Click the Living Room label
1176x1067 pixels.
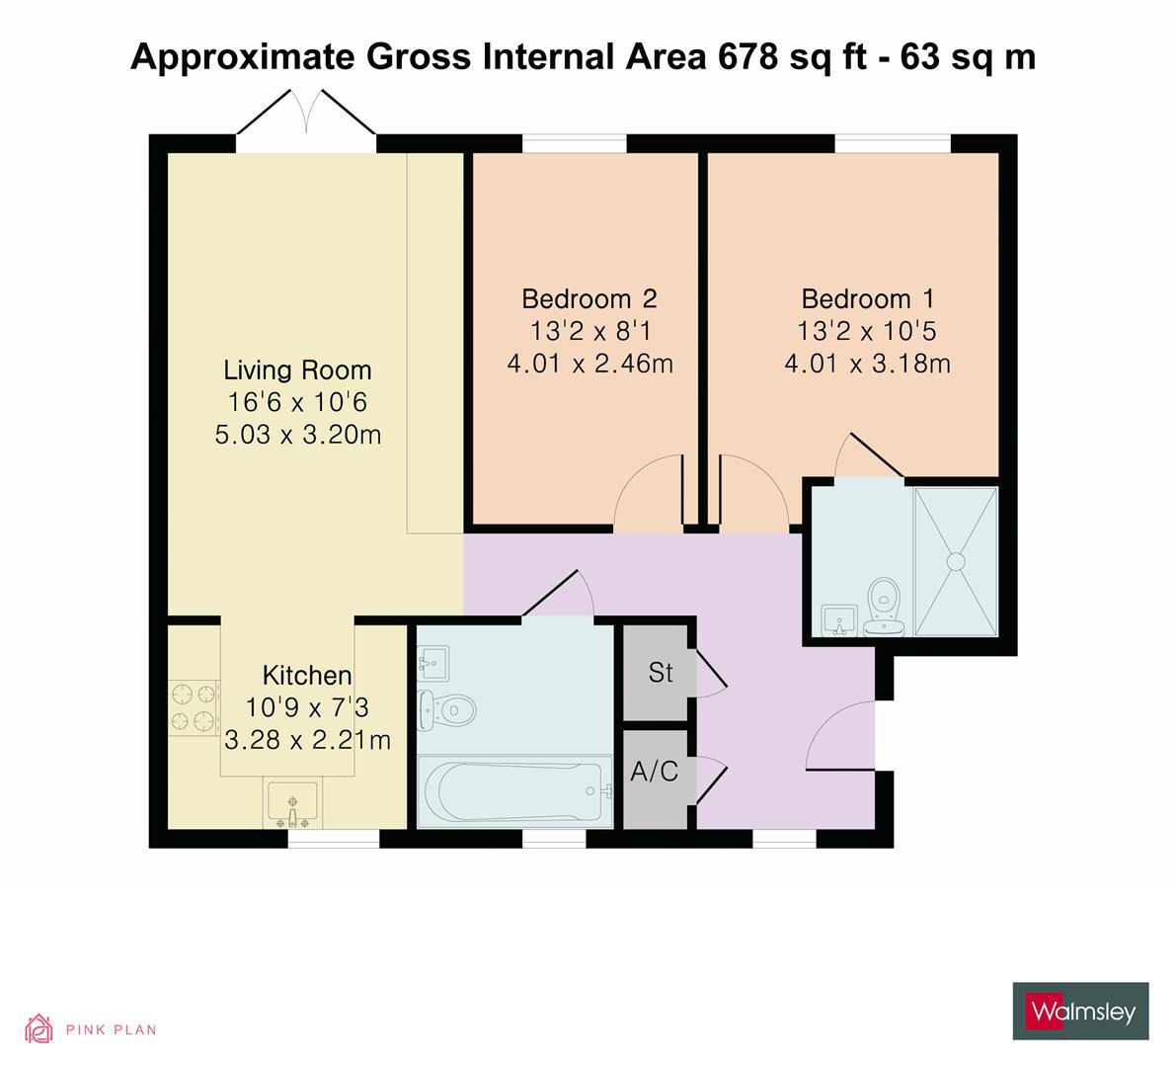(297, 370)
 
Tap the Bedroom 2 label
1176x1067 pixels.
(589, 298)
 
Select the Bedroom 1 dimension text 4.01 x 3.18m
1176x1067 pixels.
(867, 365)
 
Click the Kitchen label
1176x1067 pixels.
(306, 676)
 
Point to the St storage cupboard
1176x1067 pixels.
(660, 673)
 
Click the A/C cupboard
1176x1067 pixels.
(655, 772)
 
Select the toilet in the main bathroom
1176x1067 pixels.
(449, 708)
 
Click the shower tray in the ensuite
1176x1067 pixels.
(955, 561)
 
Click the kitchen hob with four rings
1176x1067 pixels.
(193, 708)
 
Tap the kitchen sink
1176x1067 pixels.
(291, 801)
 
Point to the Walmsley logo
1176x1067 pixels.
(1081, 1011)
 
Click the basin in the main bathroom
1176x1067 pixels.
(433, 661)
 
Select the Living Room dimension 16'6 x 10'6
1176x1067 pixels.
(297, 402)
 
